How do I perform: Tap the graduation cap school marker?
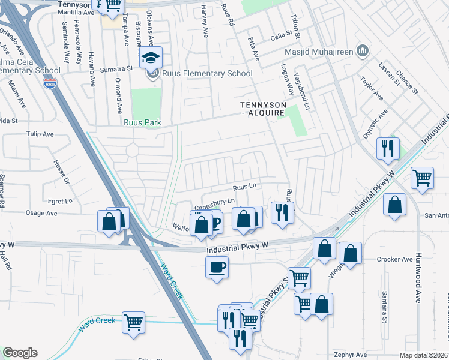(150, 59)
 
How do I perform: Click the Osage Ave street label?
(41, 213)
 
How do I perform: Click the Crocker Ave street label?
(395, 260)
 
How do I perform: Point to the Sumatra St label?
(116, 70)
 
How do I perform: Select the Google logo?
(20, 353)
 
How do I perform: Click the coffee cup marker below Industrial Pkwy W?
(217, 267)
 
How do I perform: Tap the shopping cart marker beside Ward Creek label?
(133, 322)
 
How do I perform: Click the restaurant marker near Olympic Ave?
(387, 147)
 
